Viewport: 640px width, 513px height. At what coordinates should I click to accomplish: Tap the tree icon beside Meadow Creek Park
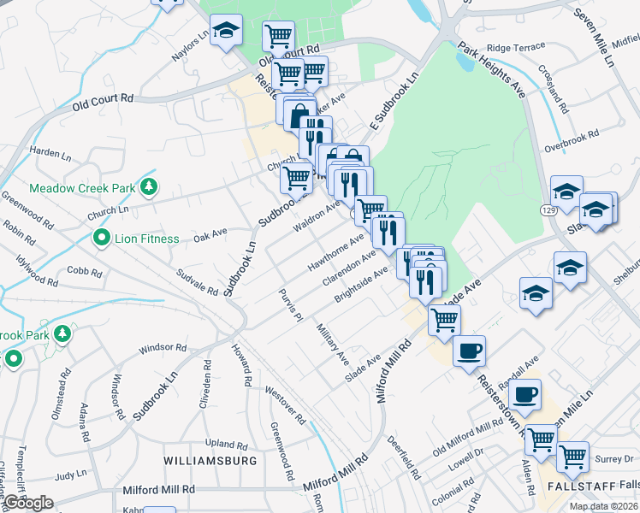tap(149, 186)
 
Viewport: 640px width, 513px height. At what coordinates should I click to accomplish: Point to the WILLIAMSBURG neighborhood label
tap(210, 460)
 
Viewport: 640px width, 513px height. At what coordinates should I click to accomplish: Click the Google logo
tap(28, 503)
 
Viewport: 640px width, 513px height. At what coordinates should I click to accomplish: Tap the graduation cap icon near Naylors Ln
tap(226, 32)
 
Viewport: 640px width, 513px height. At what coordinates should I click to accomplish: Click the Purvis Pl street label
tap(291, 305)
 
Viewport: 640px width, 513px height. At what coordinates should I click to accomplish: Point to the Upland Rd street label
tap(226, 443)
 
